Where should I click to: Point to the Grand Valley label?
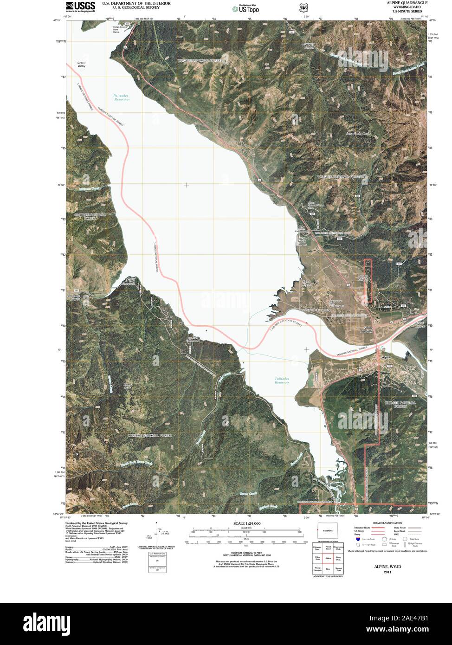click(82, 64)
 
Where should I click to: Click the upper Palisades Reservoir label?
click(121, 97)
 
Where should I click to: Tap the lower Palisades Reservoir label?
click(282, 381)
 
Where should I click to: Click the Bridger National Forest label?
click(400, 404)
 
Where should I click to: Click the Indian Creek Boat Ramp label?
click(119, 29)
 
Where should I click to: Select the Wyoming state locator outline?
click(327, 530)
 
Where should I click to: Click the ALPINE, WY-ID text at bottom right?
click(388, 567)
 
